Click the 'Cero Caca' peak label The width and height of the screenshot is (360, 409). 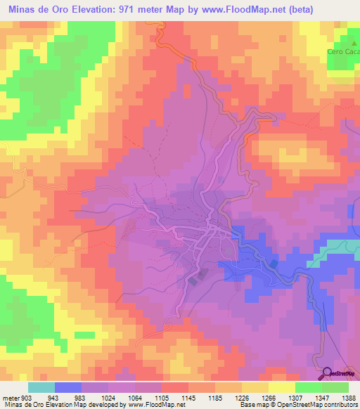[343, 52]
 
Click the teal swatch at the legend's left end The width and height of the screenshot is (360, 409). [41, 387]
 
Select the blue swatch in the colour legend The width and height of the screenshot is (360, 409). [68, 387]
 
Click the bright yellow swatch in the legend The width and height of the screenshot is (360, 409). [281, 387]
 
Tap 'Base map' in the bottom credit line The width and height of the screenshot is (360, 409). [251, 405]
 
